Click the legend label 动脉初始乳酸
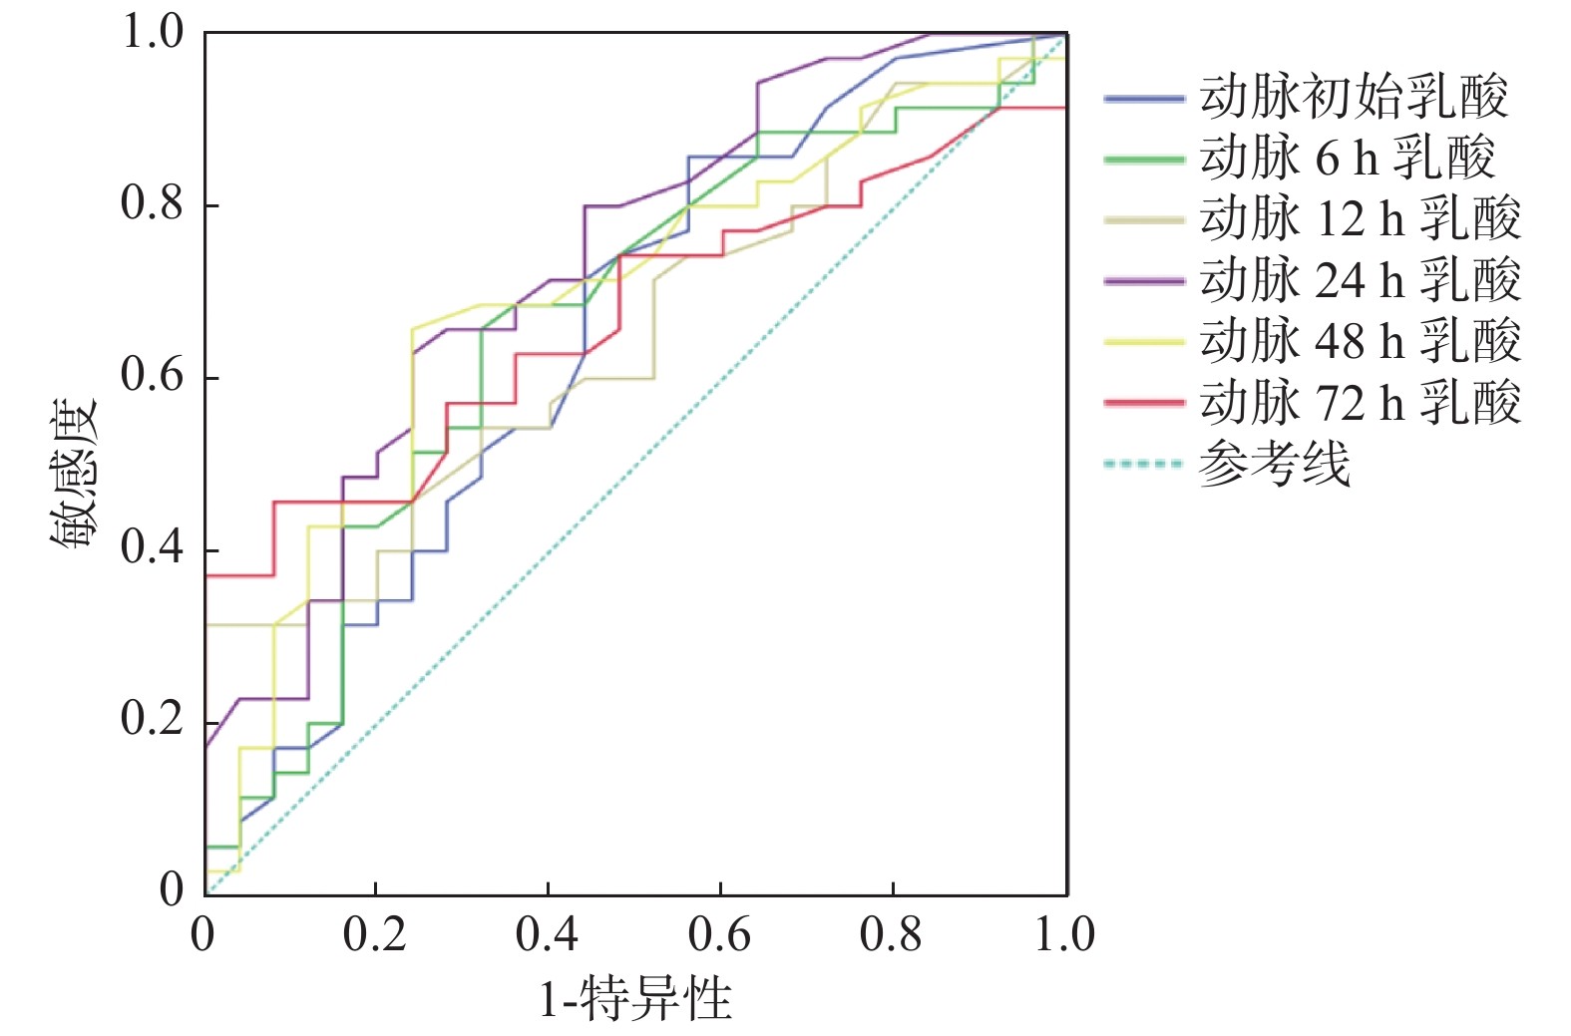point(1354,98)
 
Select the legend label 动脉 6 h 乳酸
point(1347,159)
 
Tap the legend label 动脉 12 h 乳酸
point(1360,219)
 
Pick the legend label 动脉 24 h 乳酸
point(1360,280)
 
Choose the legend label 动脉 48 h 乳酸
point(1360,341)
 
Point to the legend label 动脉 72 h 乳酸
point(1360,403)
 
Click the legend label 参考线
point(1274,464)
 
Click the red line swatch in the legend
point(1144,403)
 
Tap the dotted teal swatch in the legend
point(1144,464)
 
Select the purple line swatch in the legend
point(1144,281)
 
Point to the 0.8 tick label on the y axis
point(152,203)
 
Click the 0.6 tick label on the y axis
point(152,376)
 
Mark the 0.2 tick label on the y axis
point(152,719)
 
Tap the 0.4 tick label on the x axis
point(547,934)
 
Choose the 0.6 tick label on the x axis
point(719,934)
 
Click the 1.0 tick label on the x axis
point(1065,934)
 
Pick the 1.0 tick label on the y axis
point(152,32)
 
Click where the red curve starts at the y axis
point(206,575)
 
